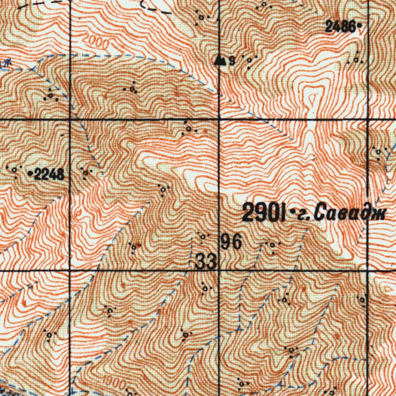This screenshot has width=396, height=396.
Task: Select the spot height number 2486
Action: click(340, 27)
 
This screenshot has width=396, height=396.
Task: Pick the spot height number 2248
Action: click(49, 175)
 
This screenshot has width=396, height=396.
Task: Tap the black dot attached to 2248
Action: click(31, 174)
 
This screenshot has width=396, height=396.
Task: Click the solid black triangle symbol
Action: click(220, 60)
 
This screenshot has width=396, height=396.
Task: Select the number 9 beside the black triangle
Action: click(232, 61)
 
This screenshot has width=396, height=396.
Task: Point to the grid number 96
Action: click(231, 242)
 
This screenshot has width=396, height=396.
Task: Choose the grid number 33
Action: click(206, 263)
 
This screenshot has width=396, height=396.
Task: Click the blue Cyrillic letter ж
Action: click(5, 62)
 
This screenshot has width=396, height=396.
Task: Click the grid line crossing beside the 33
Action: click(219, 270)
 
